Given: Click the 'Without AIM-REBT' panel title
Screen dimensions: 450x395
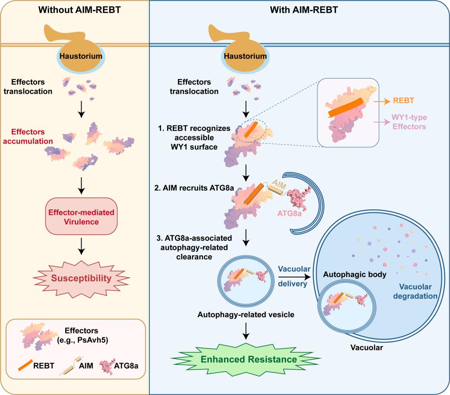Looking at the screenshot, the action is (79, 10).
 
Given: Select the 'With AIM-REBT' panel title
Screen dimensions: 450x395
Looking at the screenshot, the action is (304, 10).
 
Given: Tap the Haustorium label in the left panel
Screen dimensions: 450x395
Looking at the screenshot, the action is (81, 56).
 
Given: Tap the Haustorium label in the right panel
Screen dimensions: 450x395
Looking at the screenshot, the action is (245, 56).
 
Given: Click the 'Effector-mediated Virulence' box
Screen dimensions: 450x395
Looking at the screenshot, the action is (82, 217).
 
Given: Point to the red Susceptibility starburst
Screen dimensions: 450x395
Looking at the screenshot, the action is (81, 278).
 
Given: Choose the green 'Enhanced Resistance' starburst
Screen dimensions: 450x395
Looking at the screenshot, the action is (246, 359).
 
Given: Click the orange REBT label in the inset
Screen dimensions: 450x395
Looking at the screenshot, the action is (403, 101).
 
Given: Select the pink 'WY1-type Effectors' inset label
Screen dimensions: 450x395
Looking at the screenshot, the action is (409, 122).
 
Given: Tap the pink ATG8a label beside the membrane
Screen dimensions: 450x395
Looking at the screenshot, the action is (289, 213).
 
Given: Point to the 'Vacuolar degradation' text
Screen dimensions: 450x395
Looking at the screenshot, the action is (415, 291).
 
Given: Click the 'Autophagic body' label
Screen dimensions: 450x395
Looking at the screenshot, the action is (355, 275).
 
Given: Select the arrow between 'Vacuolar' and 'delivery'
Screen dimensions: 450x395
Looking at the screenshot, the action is (295, 277).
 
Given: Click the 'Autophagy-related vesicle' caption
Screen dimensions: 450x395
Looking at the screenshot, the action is (246, 315).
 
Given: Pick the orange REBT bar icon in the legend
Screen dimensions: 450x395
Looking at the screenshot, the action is (25, 366).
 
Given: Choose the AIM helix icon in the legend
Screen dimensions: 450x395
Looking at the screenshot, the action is (70, 367).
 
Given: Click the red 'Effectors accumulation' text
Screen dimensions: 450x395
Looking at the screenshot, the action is (28, 136).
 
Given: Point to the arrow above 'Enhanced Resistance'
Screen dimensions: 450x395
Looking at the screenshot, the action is (246, 331).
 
